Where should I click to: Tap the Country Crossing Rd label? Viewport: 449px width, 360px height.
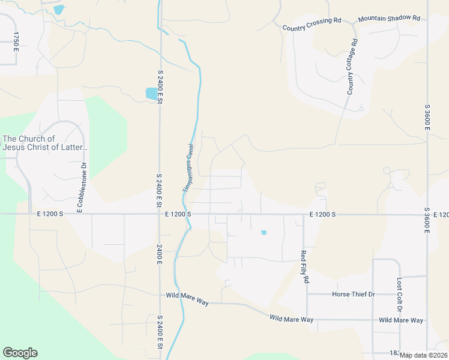point(312,23)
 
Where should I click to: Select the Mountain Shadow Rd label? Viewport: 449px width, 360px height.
point(389,19)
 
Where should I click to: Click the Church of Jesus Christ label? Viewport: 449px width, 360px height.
point(45,143)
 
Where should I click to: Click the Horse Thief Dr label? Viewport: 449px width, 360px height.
point(353,295)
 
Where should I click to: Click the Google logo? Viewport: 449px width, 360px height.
point(20,353)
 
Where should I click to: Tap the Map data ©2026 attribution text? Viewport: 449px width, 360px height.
point(423,355)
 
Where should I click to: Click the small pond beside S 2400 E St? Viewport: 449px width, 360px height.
point(151,93)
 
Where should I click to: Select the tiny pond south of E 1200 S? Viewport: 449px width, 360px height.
point(264,232)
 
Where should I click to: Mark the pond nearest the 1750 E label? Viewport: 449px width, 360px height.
point(58,10)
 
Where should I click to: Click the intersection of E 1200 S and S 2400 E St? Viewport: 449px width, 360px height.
point(160,214)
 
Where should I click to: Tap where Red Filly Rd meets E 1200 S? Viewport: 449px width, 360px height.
point(304,214)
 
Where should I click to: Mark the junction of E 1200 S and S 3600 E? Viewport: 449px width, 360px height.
point(427,214)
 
